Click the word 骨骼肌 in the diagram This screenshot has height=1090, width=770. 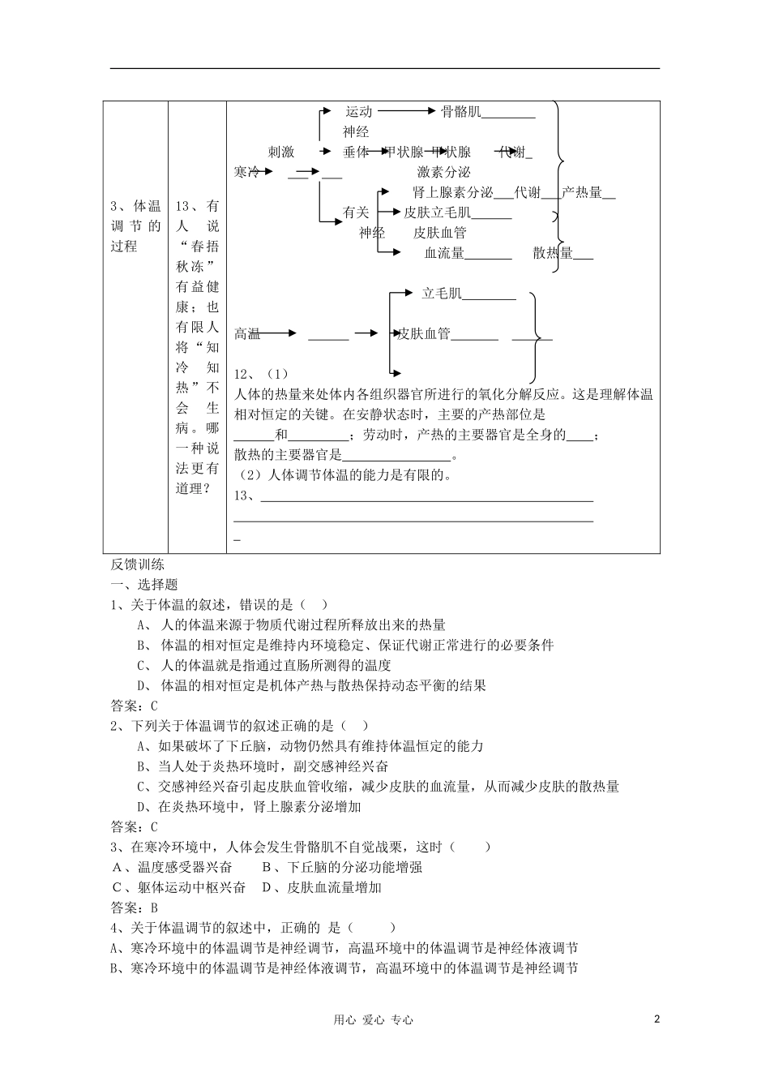(460, 112)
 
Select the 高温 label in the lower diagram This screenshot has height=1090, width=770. (247, 333)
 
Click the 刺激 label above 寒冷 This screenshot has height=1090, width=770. (281, 152)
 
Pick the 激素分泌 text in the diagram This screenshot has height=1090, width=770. (443, 172)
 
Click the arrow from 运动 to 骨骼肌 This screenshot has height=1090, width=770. (407, 112)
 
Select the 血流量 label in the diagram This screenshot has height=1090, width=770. (444, 253)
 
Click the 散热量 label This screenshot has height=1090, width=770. (553, 253)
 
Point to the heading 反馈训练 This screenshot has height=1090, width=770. (137, 564)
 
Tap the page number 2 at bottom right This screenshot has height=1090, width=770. (657, 1019)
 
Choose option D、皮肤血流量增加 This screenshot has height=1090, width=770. (322, 887)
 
